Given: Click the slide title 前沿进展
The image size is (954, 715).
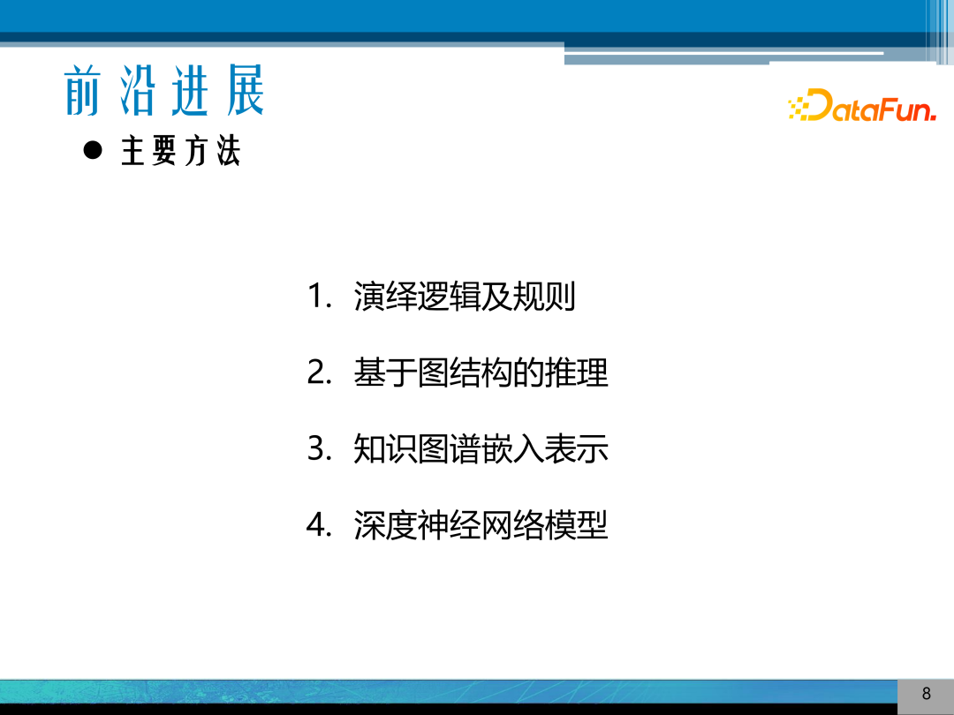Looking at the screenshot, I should (x=164, y=91).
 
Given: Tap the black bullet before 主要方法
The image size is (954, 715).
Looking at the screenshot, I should (x=93, y=150).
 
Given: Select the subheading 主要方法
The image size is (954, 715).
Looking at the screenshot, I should (x=180, y=153).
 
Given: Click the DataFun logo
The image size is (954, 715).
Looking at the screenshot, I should (x=861, y=106).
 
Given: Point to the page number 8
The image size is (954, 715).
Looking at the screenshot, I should (x=926, y=694).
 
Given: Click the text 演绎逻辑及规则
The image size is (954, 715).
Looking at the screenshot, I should (x=465, y=297).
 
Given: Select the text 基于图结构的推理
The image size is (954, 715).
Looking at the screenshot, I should (x=481, y=373).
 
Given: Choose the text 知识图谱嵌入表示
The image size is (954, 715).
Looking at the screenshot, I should (x=481, y=449).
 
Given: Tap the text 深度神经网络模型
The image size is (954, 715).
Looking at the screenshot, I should (x=481, y=526).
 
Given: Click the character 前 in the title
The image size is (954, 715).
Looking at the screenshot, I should (x=83, y=91).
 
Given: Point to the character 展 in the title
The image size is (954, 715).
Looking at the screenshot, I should (x=245, y=91).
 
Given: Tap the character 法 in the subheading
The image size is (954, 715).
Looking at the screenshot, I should (x=227, y=153).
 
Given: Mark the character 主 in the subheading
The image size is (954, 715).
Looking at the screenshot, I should (x=132, y=153).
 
